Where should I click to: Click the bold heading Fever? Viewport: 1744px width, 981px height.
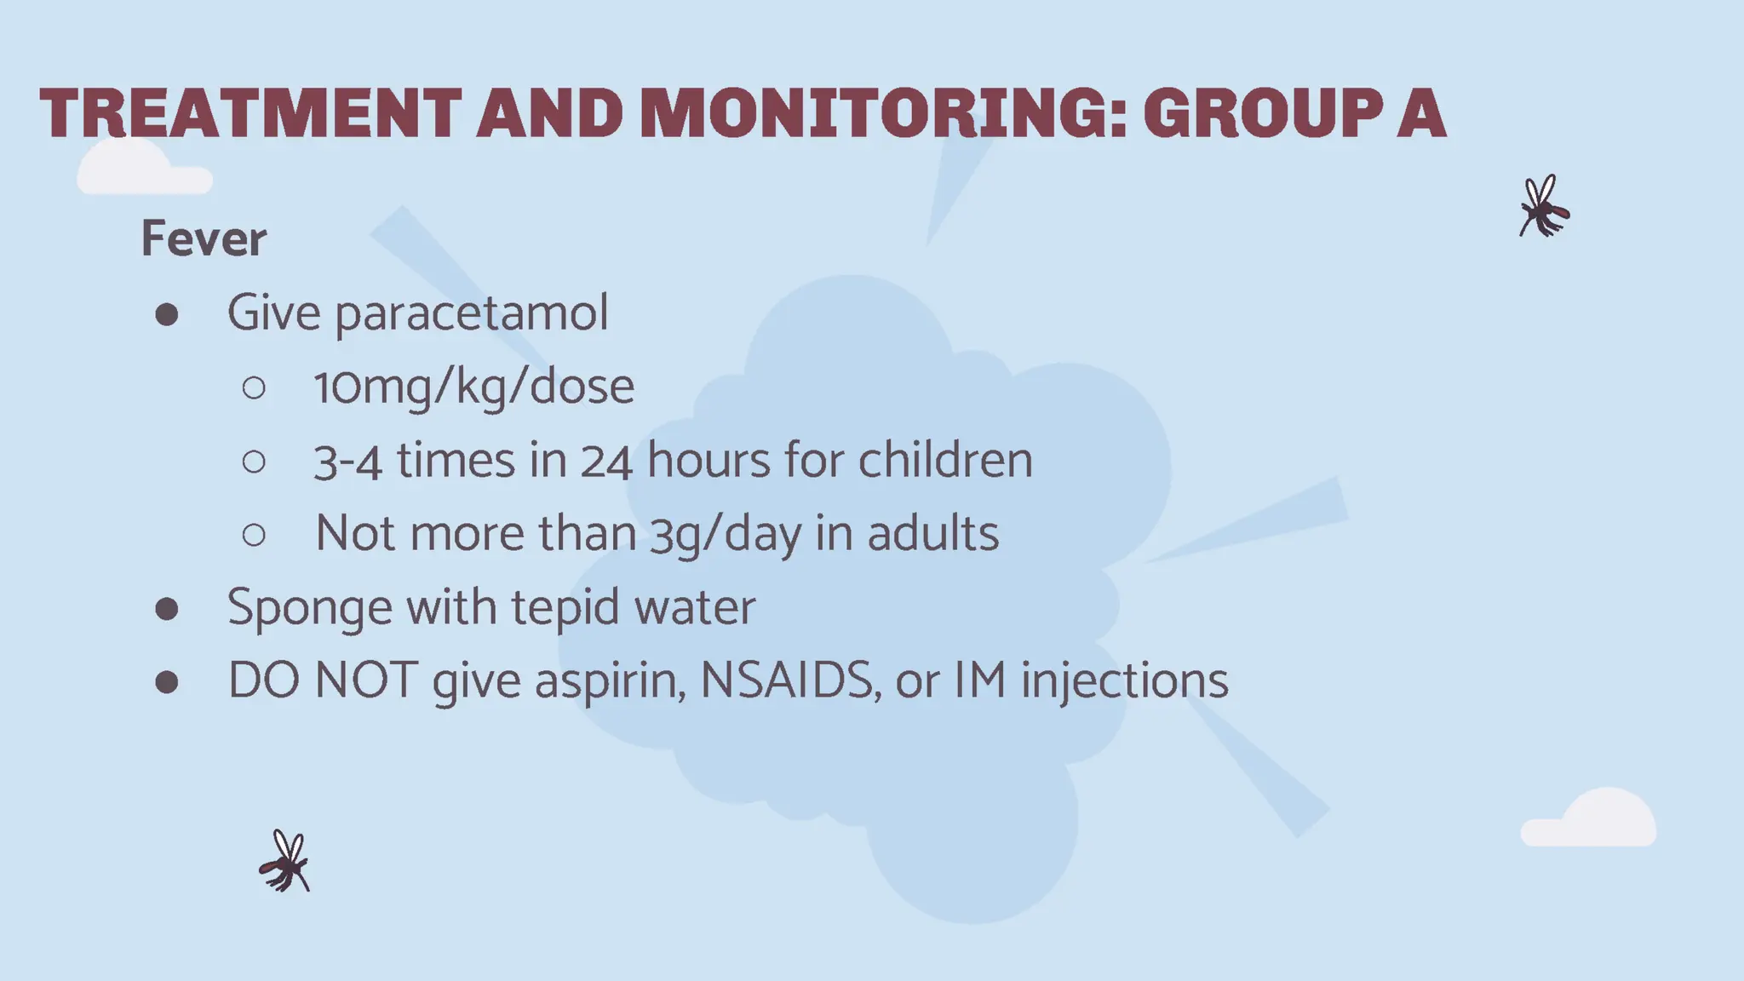204,238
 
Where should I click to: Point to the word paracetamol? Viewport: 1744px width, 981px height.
471,313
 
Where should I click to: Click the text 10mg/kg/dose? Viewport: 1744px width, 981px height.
474,387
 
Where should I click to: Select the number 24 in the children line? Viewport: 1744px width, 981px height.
606,462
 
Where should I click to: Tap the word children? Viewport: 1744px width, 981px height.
945,461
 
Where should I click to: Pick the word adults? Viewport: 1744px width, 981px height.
932,534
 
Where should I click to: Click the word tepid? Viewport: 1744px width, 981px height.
565,608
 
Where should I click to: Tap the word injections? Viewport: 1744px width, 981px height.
1124,682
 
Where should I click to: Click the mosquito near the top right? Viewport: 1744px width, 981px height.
1543,207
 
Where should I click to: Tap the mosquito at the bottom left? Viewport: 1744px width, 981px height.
284,862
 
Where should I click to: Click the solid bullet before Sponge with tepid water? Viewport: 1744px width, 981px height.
167,609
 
